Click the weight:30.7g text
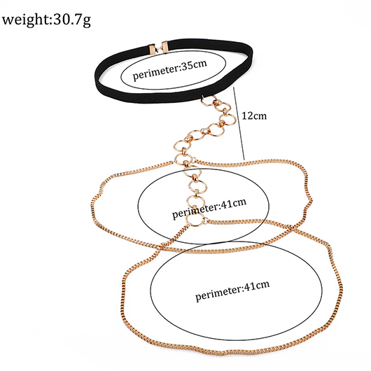[46, 20]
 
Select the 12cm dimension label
[254, 115]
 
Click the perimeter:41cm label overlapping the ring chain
[209, 208]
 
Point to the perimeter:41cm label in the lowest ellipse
[232, 290]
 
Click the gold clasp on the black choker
[158, 48]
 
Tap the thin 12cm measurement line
[239, 123]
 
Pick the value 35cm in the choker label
[195, 65]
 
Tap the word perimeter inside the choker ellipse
[155, 73]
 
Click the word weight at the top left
[25, 20]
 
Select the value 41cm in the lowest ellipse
[258, 286]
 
